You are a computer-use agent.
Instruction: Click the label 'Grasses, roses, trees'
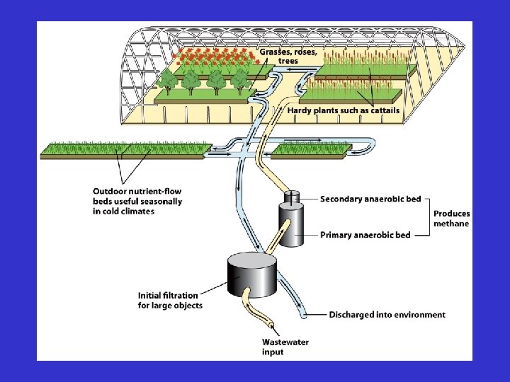point(288,56)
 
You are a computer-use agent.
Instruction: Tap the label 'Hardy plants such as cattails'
point(343,110)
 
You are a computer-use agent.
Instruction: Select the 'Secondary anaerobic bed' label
point(372,199)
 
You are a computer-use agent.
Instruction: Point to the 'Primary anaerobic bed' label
point(365,234)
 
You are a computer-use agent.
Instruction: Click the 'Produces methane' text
point(451,219)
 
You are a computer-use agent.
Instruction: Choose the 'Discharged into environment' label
point(387,314)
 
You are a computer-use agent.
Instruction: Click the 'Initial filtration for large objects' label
point(170,300)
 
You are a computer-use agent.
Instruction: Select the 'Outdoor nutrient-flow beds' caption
point(137,201)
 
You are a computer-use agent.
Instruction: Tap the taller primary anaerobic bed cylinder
point(291,225)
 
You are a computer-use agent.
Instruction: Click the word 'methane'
point(451,224)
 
